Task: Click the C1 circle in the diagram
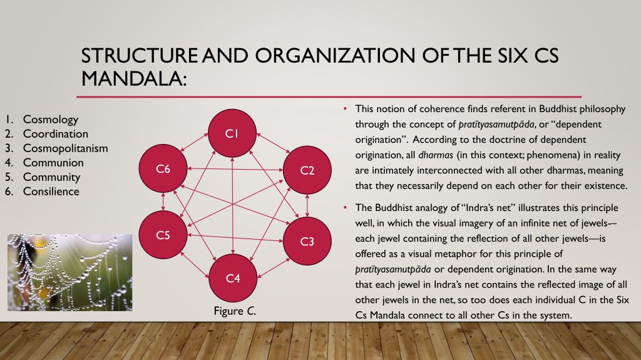click(x=232, y=133)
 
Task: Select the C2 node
click(x=307, y=170)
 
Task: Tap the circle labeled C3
click(x=307, y=242)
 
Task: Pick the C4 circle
click(x=233, y=278)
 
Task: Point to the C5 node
click(x=163, y=235)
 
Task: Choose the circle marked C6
click(x=163, y=168)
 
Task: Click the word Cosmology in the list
click(x=51, y=120)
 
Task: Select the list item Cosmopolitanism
click(x=65, y=148)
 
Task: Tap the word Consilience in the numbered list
click(x=51, y=191)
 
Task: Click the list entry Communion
click(x=53, y=162)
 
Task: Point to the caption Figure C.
click(x=235, y=311)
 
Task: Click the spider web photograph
click(x=70, y=272)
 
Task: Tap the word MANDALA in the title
click(x=134, y=78)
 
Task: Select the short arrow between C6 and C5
click(x=163, y=202)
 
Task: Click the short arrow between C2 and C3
click(x=307, y=206)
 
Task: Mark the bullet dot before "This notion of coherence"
click(x=346, y=109)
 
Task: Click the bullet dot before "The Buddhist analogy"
click(x=346, y=208)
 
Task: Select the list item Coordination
click(x=56, y=134)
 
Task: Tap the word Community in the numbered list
click(x=51, y=177)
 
